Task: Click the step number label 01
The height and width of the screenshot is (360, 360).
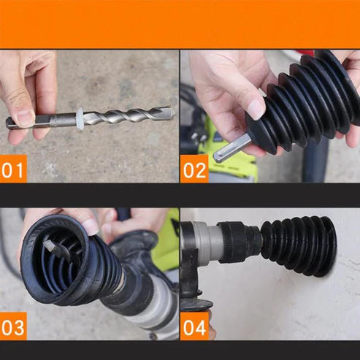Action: tap(14, 172)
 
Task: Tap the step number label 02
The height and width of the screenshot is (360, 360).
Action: tap(194, 172)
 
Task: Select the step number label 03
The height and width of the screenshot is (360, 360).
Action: tap(14, 328)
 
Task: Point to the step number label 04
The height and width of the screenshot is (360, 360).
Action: tap(194, 328)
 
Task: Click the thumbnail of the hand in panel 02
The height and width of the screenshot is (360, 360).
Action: tap(256, 108)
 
